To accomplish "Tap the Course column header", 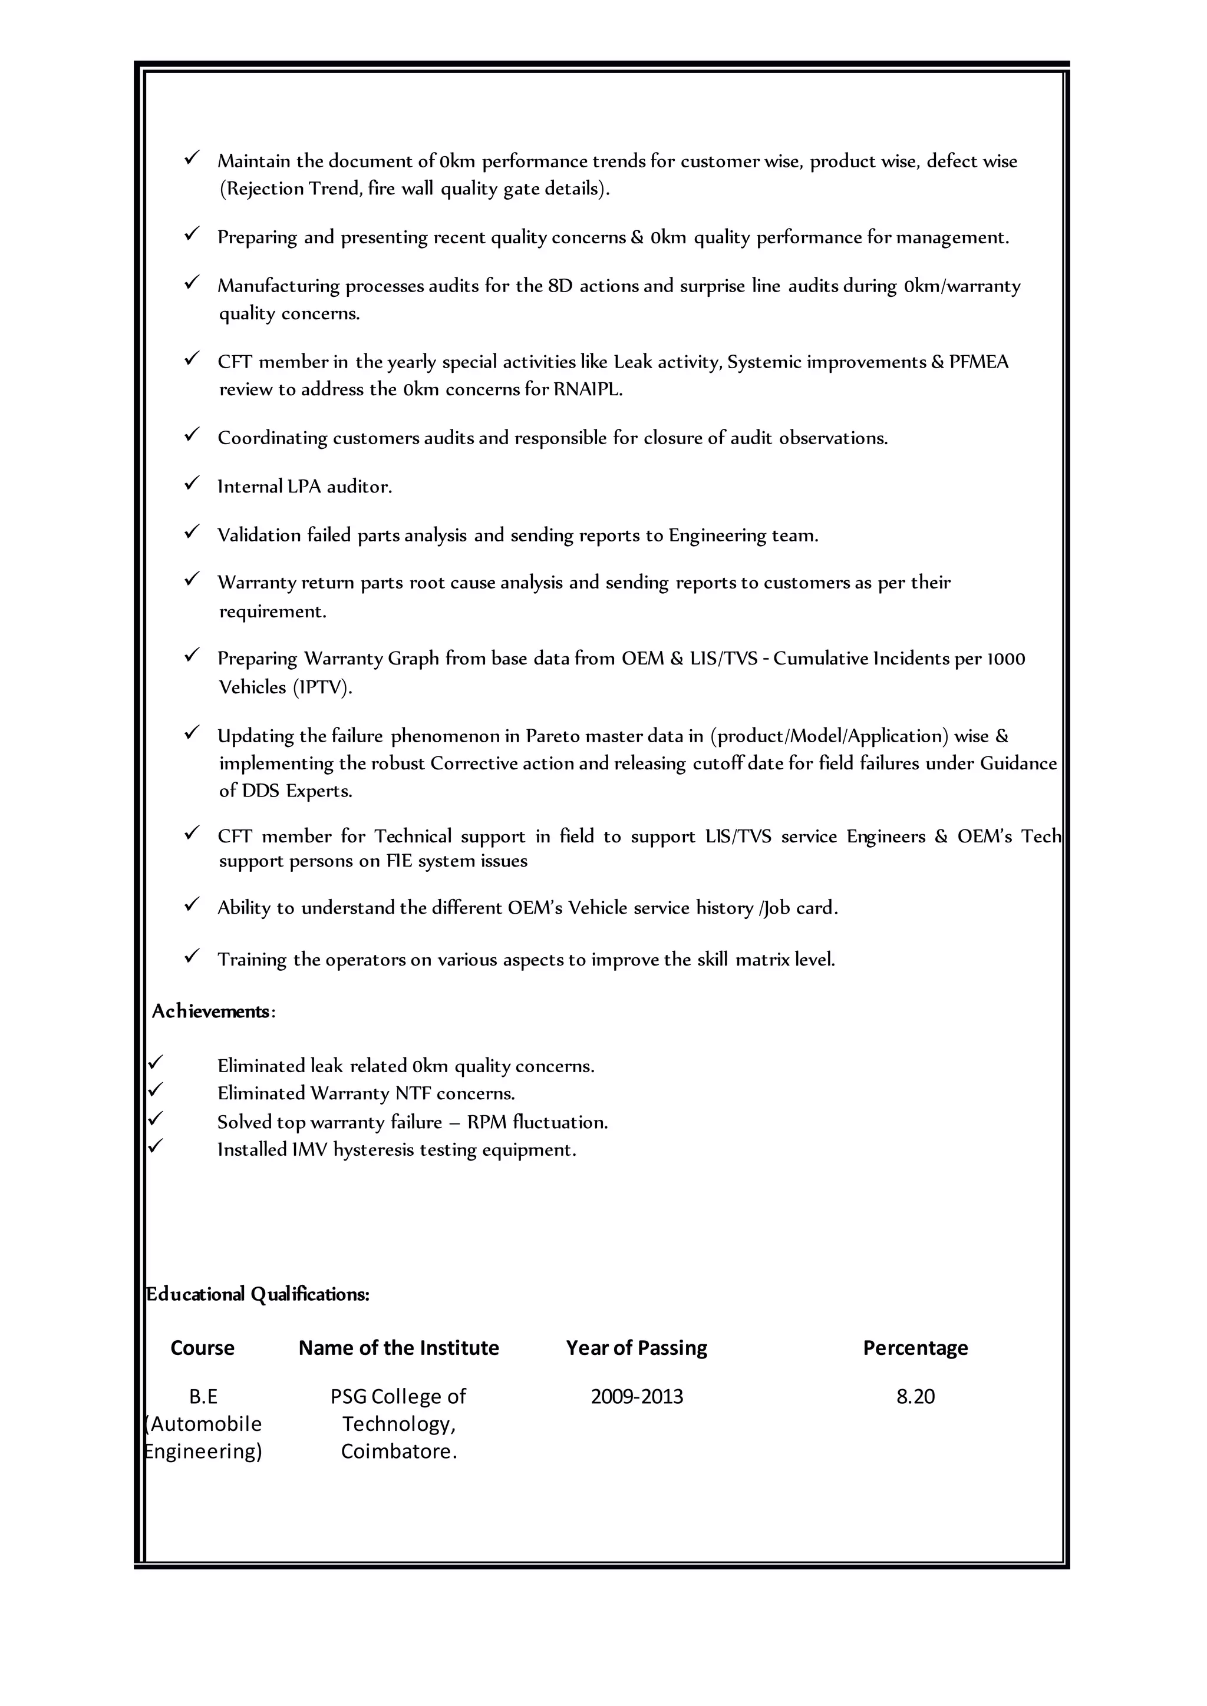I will tap(202, 1348).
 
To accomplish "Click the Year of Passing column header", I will tap(636, 1348).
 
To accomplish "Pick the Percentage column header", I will tap(915, 1348).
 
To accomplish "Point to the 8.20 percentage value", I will tap(915, 1396).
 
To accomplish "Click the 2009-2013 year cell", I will tap(636, 1396).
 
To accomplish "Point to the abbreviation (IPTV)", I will tap(322, 687).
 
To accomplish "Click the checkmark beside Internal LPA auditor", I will tap(192, 484).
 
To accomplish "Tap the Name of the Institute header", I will tap(398, 1348).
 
